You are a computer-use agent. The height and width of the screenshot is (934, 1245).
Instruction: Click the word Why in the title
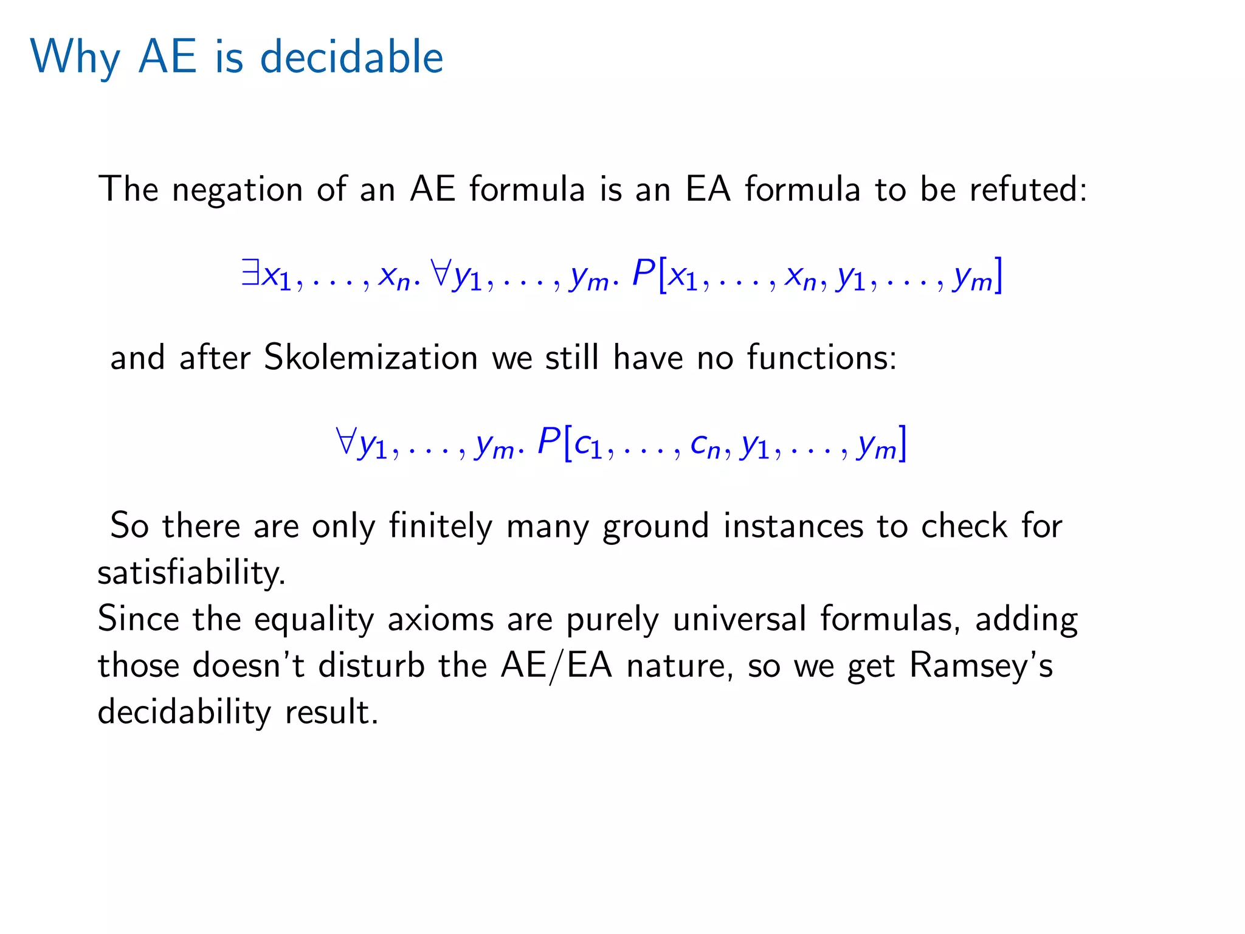[75, 58]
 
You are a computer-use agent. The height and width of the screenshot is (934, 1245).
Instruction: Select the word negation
[237, 189]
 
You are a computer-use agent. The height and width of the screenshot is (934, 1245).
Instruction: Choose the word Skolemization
[371, 357]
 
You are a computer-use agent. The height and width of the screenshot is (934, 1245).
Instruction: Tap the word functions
[821, 357]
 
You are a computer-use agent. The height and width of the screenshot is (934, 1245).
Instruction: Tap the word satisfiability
[191, 573]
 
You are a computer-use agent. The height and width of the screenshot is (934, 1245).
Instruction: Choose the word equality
[314, 620]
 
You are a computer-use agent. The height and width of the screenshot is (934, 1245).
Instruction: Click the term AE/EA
[556, 666]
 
